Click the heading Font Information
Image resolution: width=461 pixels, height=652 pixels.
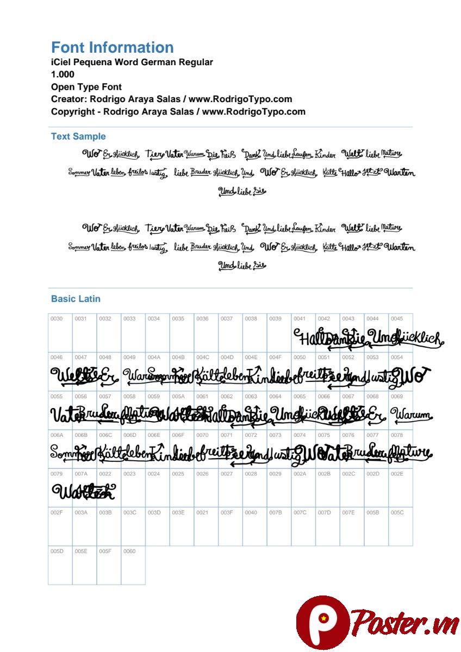pos(112,47)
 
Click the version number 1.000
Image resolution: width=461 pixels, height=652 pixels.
pos(63,74)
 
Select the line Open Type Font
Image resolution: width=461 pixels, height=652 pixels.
pos(86,87)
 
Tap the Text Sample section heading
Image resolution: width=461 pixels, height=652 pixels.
pos(78,136)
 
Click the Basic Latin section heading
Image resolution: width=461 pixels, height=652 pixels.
pos(76,299)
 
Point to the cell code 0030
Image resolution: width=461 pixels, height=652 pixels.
pos(57,319)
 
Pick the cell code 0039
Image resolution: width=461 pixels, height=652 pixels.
pos(275,319)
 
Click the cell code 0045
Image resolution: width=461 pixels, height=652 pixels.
pos(397,319)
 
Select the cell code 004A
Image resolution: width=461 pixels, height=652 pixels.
pos(154,358)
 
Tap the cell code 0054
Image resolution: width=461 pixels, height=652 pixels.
pos(397,358)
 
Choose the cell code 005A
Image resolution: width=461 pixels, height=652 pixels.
pos(178,397)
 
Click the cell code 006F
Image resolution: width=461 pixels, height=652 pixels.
pos(178,435)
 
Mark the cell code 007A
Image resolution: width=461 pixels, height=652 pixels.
pos(81,474)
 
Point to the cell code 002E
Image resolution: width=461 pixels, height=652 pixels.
pos(397,474)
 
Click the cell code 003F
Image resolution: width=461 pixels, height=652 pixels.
pos(227,512)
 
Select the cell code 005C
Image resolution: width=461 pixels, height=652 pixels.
pos(397,512)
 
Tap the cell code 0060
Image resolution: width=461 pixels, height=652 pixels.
pos(129,551)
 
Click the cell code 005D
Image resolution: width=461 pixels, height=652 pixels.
pos(57,551)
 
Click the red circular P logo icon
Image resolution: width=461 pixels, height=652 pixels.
pos(323,623)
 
